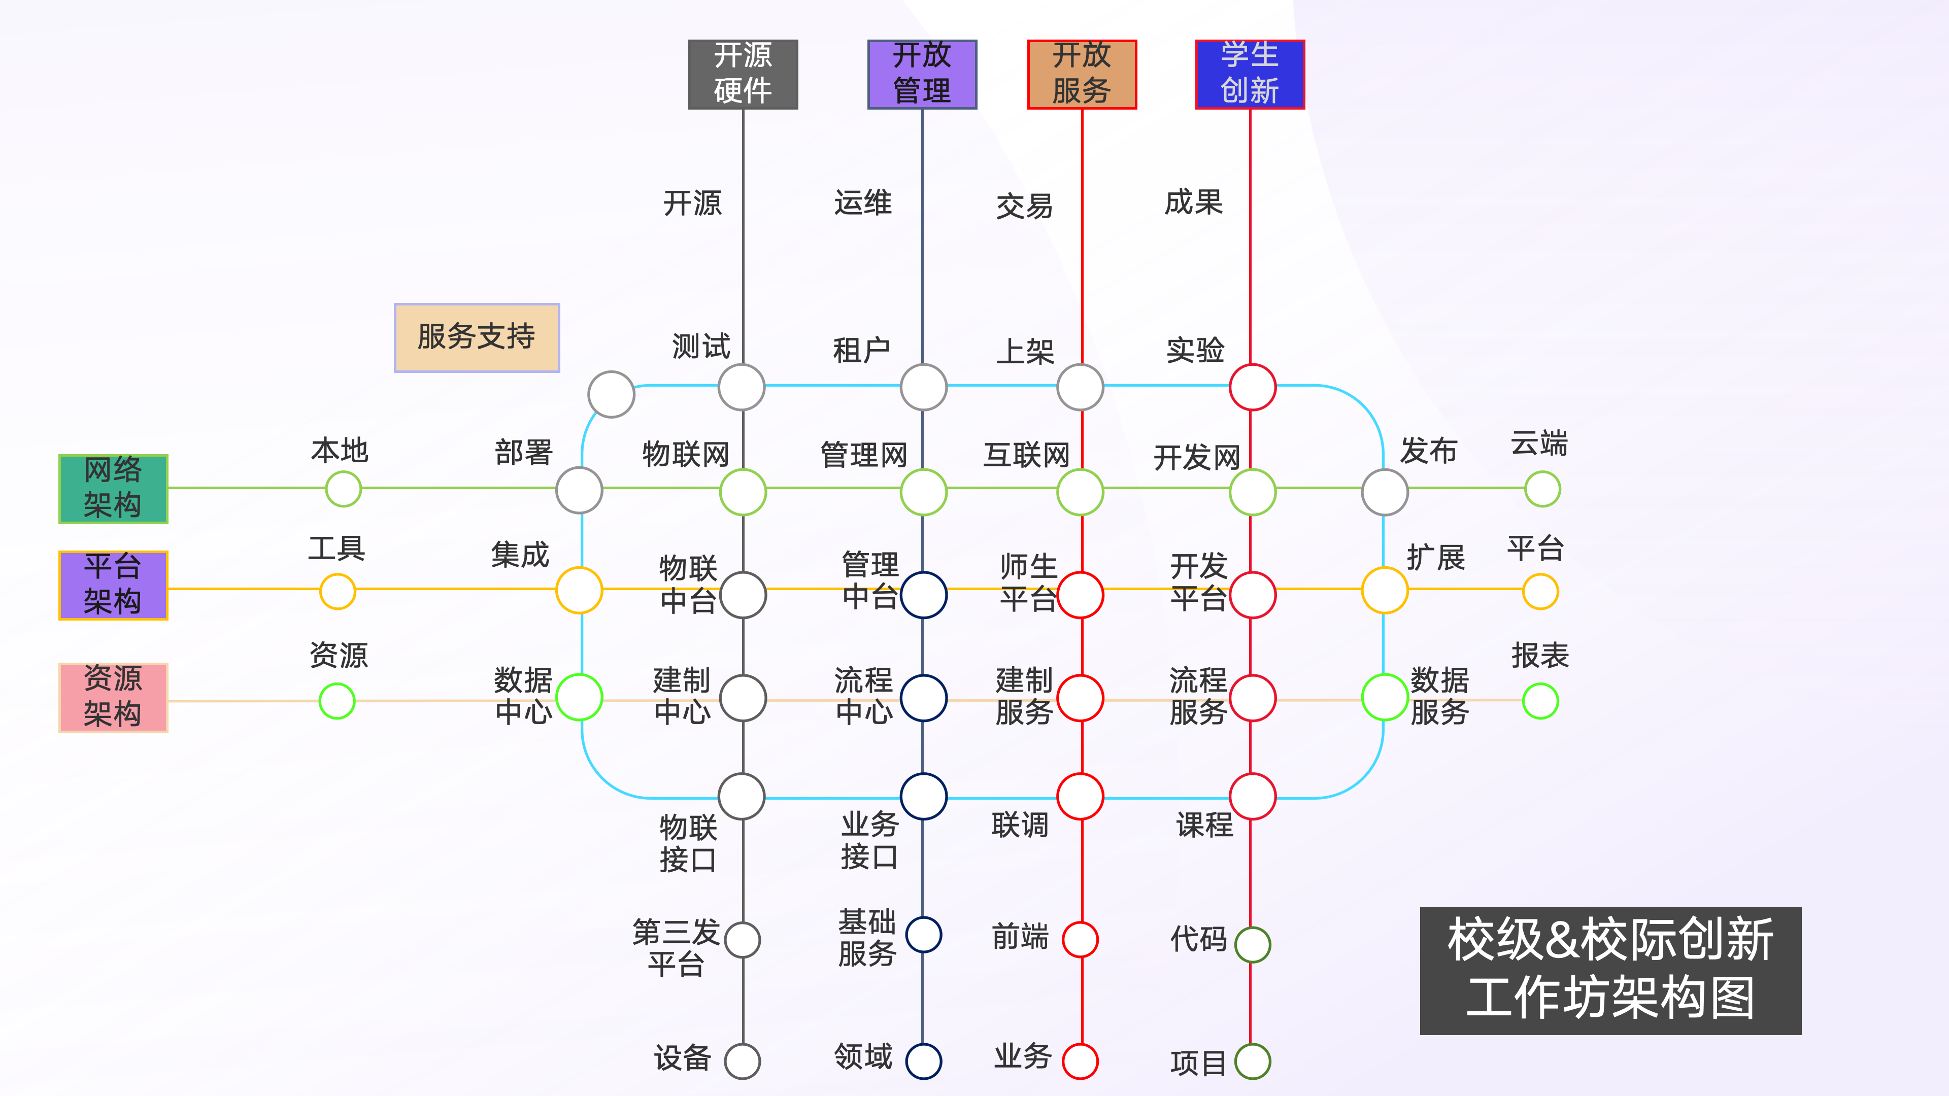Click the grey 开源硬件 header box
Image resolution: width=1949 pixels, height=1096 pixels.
743,74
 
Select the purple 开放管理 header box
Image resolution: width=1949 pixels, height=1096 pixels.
922,74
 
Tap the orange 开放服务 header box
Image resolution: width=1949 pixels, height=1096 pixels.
1082,74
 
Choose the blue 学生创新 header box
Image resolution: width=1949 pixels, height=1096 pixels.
1250,74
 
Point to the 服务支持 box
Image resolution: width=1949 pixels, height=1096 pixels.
477,337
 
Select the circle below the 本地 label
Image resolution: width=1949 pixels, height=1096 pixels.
344,489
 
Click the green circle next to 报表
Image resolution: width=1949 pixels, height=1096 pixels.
1540,701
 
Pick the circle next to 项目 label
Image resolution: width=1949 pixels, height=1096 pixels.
1253,1061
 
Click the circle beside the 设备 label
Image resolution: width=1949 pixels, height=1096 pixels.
742,1061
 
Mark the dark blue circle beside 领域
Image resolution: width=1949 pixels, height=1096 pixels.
924,1061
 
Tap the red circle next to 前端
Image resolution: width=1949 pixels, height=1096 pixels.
1081,939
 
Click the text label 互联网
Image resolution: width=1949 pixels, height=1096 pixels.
1027,455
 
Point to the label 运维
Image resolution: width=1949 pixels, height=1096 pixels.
863,203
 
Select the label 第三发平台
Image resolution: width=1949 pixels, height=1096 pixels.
677,948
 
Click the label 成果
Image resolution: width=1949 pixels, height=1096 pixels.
1194,202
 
